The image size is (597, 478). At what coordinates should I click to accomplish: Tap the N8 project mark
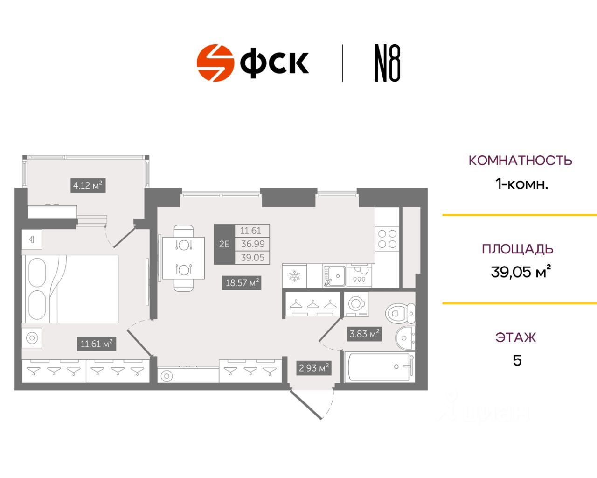point(388,63)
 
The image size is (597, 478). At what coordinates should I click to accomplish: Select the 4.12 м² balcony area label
point(88,185)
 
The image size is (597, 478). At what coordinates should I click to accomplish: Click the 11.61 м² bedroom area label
point(96,344)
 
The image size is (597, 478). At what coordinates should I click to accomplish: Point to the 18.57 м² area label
point(242,283)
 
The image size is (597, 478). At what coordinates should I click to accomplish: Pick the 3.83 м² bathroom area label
point(364,334)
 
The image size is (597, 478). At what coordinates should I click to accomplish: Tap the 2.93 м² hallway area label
point(314,368)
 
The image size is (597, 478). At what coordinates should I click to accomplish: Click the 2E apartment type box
point(224,244)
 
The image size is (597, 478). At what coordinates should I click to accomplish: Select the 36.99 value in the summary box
point(252,244)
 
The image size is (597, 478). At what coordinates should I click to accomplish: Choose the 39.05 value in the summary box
point(252,258)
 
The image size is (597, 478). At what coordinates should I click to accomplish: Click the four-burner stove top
point(387,239)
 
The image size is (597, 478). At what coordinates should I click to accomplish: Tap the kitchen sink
point(334,276)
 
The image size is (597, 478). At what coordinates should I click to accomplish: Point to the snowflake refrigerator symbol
point(294,276)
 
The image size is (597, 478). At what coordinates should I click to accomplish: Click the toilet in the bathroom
point(400,313)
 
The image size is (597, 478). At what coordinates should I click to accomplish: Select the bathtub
point(379,366)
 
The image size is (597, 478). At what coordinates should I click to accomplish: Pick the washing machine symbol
point(357,304)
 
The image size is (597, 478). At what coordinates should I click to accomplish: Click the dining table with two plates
point(183,258)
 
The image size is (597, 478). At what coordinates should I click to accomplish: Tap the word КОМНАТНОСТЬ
point(520,161)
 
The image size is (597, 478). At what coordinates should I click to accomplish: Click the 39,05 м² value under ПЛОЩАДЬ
point(521,272)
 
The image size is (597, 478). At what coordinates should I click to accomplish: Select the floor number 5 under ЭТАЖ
point(517,361)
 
